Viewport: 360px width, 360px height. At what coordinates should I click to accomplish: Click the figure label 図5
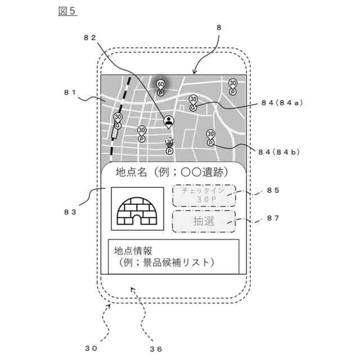(x=67, y=11)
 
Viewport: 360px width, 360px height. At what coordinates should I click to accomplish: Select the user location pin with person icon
(x=168, y=120)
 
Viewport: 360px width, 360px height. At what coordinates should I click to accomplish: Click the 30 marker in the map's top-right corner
(x=233, y=86)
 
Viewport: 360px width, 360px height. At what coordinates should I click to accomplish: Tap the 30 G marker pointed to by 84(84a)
(x=193, y=102)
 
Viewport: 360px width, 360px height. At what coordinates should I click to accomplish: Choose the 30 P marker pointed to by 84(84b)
(x=210, y=138)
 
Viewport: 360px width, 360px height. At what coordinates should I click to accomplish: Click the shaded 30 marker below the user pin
(x=169, y=146)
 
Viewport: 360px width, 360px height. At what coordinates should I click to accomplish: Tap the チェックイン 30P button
(x=204, y=195)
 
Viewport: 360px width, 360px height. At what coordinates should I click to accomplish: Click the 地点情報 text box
(x=173, y=256)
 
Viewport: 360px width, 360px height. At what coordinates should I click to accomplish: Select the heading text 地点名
(x=133, y=172)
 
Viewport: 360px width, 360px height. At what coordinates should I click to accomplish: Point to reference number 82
(x=90, y=37)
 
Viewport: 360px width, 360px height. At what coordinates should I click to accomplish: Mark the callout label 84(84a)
(x=282, y=102)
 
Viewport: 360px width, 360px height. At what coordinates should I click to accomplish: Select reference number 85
(x=273, y=190)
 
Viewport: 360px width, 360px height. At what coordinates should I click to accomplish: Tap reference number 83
(x=70, y=211)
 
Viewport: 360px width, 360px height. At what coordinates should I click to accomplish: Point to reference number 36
(x=156, y=348)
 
